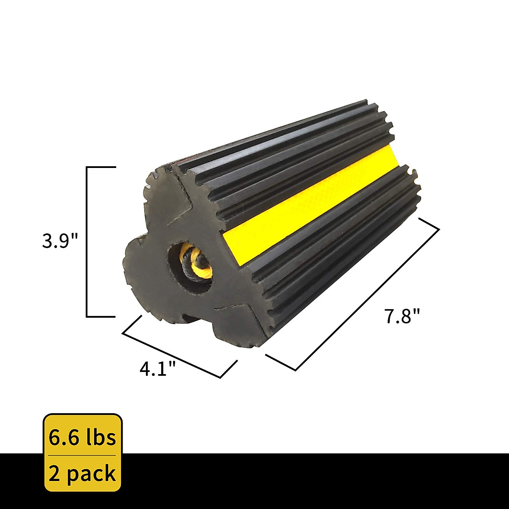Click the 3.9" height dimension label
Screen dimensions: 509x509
60,242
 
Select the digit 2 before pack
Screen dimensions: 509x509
54,473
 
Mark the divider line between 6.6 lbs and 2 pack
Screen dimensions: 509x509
82,455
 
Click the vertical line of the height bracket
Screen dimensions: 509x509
87,242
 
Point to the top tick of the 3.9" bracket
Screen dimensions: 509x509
101,168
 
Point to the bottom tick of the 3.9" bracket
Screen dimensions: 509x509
101,316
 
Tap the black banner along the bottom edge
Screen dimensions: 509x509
297,481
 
